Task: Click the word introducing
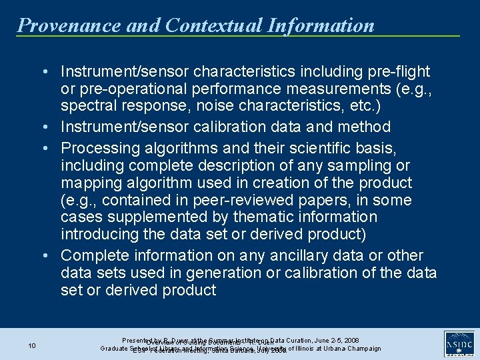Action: click(x=100, y=235)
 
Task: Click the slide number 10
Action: click(x=32, y=345)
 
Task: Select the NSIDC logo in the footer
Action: click(x=458, y=345)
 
